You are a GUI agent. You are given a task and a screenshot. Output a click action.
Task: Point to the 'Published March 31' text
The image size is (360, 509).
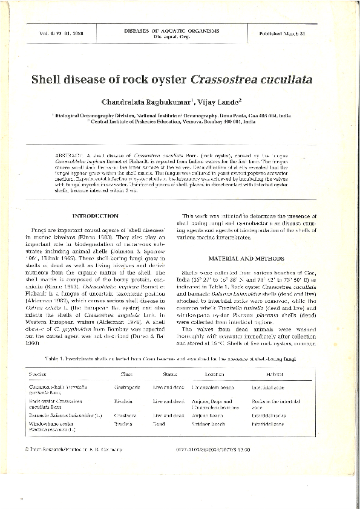point(289,33)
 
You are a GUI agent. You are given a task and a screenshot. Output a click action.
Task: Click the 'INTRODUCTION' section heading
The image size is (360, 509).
point(95,216)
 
